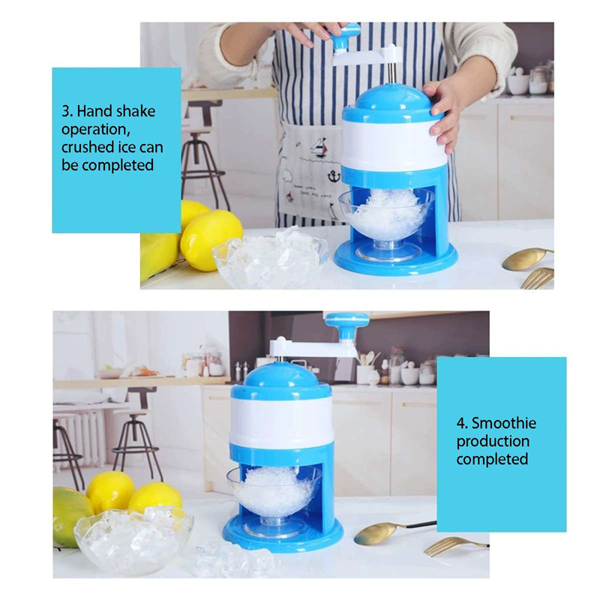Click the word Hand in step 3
(95, 111)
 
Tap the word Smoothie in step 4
(503, 423)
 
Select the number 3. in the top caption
(67, 111)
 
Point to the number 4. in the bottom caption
(462, 424)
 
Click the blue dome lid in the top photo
(390, 102)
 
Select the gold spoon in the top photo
(527, 258)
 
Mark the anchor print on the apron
(334, 175)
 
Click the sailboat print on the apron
(318, 146)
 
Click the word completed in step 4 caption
(492, 459)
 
